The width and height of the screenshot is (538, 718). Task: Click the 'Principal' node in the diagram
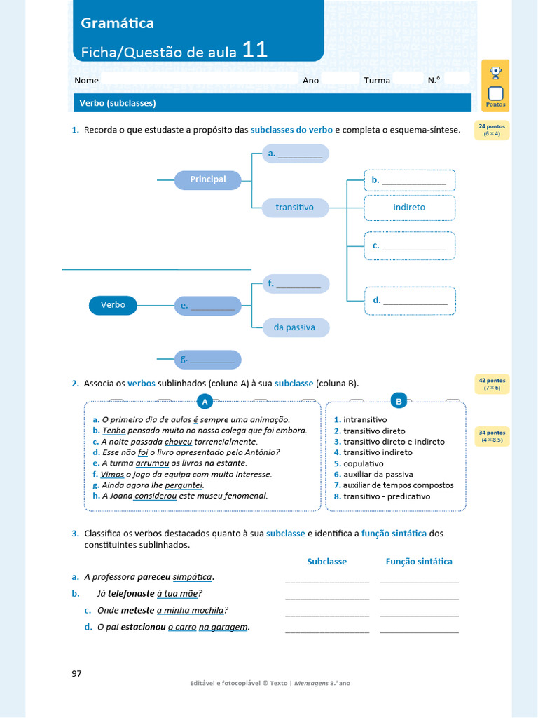(208, 179)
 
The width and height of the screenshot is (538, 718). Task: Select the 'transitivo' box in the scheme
(295, 208)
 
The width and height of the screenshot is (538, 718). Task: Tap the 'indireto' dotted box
(409, 208)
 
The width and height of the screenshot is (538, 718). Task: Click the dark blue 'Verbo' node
(113, 305)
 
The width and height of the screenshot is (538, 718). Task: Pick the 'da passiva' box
(295, 327)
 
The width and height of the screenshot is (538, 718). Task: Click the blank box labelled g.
(208, 360)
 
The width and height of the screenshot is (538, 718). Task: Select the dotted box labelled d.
(410, 301)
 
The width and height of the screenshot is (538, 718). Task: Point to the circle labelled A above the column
(205, 402)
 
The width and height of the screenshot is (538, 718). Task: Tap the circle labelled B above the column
(399, 402)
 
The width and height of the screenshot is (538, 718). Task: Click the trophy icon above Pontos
(495, 72)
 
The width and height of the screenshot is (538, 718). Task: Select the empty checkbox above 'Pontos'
(495, 93)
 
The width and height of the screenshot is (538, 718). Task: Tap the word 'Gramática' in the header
(118, 23)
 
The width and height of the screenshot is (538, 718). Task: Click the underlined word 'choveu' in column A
(178, 442)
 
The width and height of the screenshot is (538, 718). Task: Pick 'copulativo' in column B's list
(363, 463)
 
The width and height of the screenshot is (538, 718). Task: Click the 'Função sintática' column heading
(419, 562)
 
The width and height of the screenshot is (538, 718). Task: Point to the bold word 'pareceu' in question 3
(154, 577)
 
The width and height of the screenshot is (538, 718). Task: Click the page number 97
(77, 674)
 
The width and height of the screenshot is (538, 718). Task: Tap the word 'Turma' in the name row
(377, 81)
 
